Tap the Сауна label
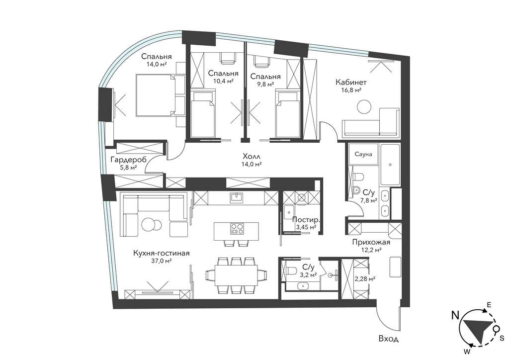click(363, 155)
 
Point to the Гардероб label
click(128, 160)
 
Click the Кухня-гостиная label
click(162, 253)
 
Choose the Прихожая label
click(371, 242)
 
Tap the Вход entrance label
click(389, 339)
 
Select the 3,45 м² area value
click(306, 227)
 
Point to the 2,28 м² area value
click(365, 278)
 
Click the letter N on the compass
click(456, 315)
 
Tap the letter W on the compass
click(467, 351)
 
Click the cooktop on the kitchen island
click(237, 229)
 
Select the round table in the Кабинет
click(364, 106)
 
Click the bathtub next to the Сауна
click(390, 164)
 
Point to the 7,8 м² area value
click(368, 200)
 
